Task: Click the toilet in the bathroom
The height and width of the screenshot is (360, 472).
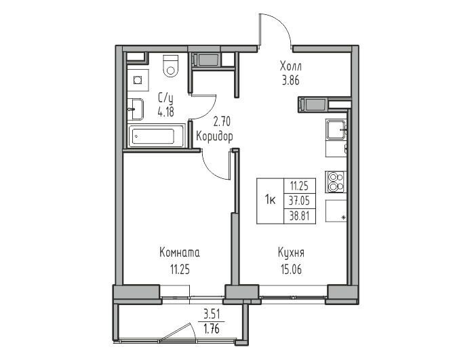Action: point(171,66)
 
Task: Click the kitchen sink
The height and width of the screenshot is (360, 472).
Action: point(336,129)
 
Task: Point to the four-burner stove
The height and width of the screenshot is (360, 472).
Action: point(336,182)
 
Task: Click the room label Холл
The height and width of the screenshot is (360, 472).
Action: point(290,66)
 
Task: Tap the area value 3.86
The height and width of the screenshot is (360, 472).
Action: point(291,81)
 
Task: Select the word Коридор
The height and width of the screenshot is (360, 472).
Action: point(214,136)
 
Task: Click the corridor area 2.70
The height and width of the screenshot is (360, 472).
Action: point(222,121)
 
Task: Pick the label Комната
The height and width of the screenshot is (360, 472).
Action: point(180,253)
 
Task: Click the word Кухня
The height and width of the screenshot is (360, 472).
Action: point(291,253)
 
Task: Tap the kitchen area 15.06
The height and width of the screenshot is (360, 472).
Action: point(291,270)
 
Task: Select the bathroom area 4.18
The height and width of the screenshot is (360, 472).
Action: point(166,112)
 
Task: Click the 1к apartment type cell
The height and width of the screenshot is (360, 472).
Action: point(270,200)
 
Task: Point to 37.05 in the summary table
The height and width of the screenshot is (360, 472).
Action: point(300,201)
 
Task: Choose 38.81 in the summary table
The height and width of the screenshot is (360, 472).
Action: point(300,216)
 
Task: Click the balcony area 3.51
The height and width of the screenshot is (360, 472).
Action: point(212,315)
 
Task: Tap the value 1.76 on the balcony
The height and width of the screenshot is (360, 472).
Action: point(212,329)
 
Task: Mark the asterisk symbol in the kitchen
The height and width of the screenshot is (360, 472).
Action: point(343,218)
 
